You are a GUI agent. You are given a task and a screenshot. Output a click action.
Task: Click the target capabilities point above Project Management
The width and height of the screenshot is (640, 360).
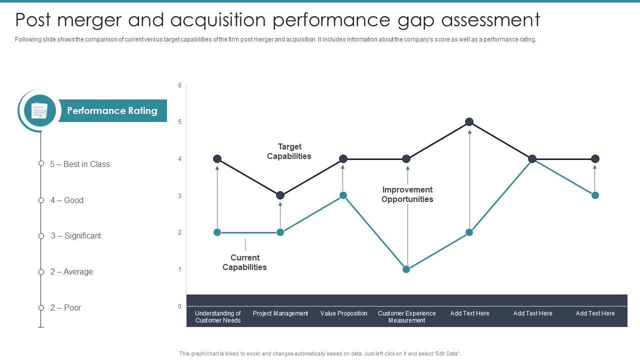coord(280,195)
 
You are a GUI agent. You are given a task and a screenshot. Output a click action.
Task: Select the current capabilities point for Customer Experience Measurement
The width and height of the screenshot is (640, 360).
coord(406,269)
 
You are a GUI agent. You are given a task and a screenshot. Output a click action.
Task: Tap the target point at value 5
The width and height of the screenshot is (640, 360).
coord(469,122)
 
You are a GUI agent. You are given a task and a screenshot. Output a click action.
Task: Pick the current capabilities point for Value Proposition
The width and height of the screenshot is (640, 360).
coord(343,195)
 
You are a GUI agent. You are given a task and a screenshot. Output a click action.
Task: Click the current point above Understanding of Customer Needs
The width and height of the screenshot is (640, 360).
coord(217,232)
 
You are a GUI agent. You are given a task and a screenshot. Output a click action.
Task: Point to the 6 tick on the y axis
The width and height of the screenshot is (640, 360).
coord(180,85)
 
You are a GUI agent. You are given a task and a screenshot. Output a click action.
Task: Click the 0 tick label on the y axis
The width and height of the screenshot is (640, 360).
coord(180,306)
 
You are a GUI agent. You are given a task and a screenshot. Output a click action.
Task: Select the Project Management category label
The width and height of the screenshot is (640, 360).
coord(280,313)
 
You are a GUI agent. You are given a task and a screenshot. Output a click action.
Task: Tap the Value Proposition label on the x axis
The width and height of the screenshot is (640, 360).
coord(343,313)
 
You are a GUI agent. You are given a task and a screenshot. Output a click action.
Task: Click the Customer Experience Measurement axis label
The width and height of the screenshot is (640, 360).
coord(406,317)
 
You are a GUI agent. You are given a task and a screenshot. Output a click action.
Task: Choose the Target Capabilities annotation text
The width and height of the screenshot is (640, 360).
coord(289,151)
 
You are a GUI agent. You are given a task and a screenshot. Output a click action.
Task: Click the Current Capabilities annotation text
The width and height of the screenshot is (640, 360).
coord(244,262)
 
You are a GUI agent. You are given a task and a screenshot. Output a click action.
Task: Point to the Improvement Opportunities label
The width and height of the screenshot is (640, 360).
coord(407,194)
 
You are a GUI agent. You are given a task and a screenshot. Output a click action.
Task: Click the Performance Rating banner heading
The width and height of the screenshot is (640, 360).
coord(112,110)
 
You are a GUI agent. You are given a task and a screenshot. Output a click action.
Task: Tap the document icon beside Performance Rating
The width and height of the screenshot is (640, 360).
coord(39,110)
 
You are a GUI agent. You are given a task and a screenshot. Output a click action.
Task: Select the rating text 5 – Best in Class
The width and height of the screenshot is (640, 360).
coord(80,164)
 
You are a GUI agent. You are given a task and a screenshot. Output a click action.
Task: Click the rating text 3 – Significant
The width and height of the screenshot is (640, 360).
coord(76,235)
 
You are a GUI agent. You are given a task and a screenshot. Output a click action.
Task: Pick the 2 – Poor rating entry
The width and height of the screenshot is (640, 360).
coord(65,307)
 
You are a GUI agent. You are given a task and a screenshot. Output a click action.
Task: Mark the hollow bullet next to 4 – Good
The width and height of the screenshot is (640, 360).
coord(41,200)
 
